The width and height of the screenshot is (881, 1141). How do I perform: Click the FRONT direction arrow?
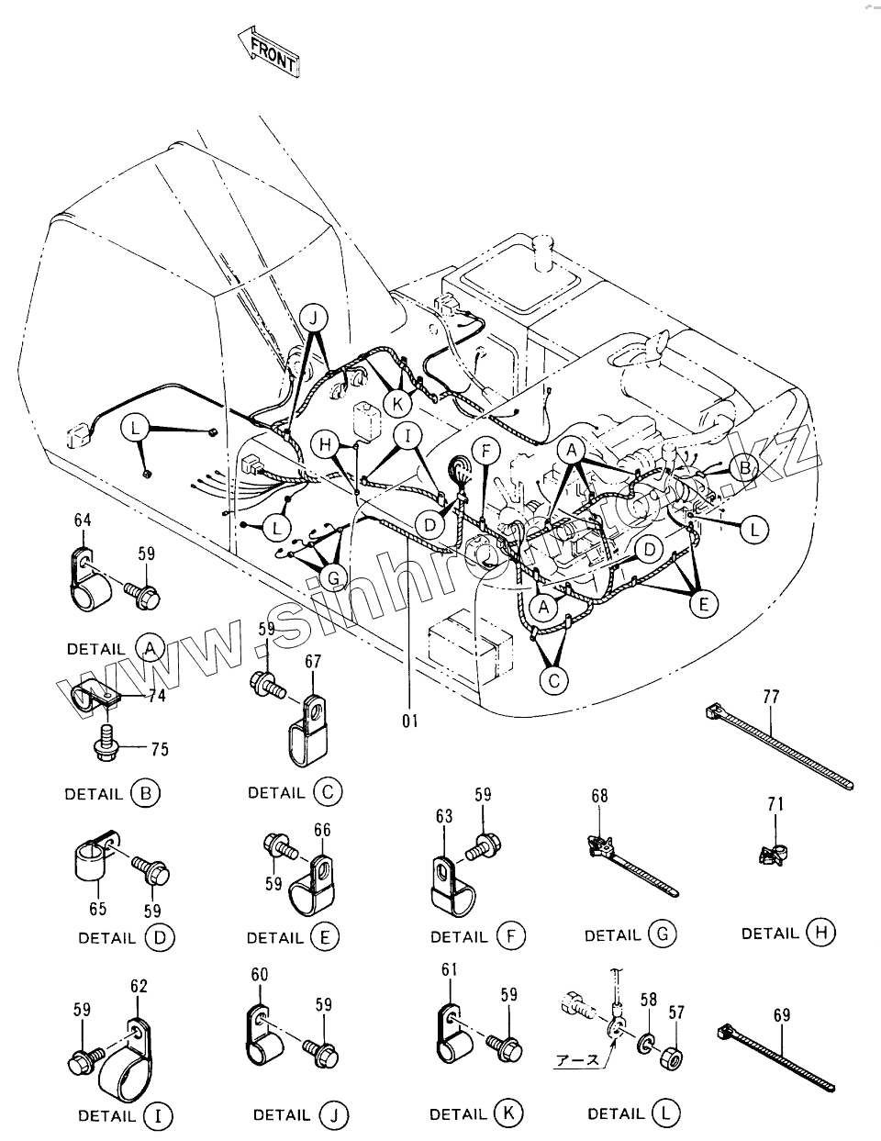point(268,50)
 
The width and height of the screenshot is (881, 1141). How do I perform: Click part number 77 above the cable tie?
point(770,697)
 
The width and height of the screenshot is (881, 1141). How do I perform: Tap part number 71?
point(775,804)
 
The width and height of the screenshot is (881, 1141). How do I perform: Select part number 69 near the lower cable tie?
point(781,1015)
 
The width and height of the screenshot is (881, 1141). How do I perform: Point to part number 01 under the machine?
point(408,721)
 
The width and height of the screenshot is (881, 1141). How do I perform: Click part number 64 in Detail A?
point(83,520)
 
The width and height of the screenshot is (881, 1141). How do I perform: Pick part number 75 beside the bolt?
point(159,749)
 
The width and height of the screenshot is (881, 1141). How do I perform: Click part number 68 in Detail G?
point(598,796)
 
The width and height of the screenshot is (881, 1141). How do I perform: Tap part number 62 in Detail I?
point(139,987)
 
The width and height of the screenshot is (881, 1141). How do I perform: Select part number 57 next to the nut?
point(676,1013)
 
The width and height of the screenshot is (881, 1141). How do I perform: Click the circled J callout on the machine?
point(314,319)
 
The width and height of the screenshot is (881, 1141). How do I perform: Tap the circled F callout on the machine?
point(486,450)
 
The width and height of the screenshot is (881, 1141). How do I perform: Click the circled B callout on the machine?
point(745,468)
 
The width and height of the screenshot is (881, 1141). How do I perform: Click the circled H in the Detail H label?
point(820,933)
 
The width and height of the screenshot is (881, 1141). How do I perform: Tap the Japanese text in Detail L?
point(577,1059)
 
